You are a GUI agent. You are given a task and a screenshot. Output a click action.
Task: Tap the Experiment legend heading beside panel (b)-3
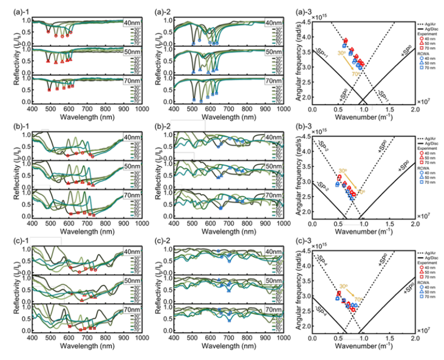(424, 143)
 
